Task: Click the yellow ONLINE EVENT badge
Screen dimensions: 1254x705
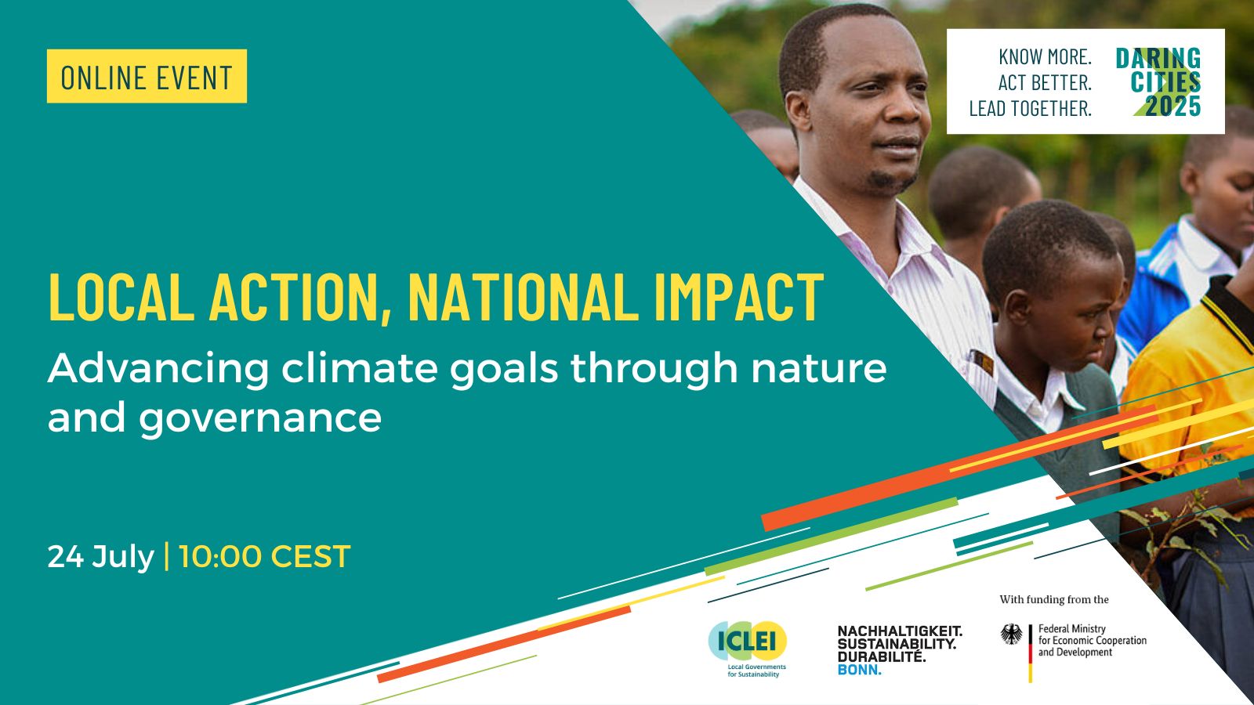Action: (147, 76)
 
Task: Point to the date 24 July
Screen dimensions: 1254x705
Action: (101, 557)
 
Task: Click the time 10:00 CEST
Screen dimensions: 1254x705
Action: (265, 557)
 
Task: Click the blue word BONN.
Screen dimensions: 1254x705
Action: (859, 670)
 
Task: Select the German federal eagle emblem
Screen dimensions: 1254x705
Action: (1012, 634)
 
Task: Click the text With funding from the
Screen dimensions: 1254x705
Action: (1054, 600)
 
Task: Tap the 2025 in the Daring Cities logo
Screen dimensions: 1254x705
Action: (1172, 106)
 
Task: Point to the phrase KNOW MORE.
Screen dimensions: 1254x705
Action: (1046, 56)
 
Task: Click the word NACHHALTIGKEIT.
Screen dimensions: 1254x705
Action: (900, 631)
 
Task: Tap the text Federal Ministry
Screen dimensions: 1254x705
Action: (1072, 629)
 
